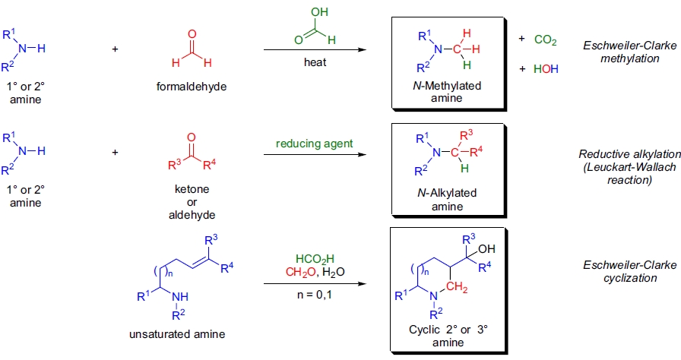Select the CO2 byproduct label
pos(546,39)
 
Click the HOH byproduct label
pos(546,68)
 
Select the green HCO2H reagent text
pos(314,258)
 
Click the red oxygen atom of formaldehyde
pos(192,34)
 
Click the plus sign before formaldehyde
pos(116,49)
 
